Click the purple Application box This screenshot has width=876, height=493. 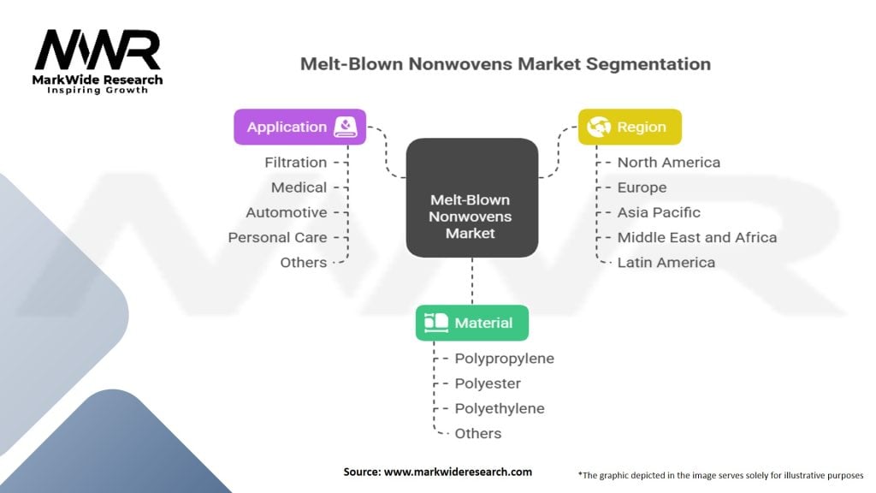tap(300, 127)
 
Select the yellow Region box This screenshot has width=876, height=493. tap(630, 127)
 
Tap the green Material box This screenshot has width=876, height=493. tap(472, 323)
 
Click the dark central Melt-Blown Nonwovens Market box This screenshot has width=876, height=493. tap(472, 198)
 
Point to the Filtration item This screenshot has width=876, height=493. tap(295, 162)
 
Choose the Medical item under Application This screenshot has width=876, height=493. tap(299, 187)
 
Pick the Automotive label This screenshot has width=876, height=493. tap(287, 212)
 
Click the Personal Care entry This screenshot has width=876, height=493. tap(278, 237)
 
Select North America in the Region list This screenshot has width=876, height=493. tap(669, 162)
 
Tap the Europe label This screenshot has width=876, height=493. tap(642, 187)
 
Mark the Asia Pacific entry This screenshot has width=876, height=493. tap(659, 212)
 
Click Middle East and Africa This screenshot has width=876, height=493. tap(697, 237)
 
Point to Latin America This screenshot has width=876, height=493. tap(666, 262)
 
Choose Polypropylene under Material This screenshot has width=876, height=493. tap(505, 359)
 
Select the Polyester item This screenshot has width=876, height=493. tap(488, 383)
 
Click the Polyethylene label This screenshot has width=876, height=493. tap(500, 408)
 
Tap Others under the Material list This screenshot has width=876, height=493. tap(478, 433)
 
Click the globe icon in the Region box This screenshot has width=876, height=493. tap(598, 127)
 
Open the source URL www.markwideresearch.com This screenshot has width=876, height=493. tap(459, 472)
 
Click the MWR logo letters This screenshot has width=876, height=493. tap(98, 50)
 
